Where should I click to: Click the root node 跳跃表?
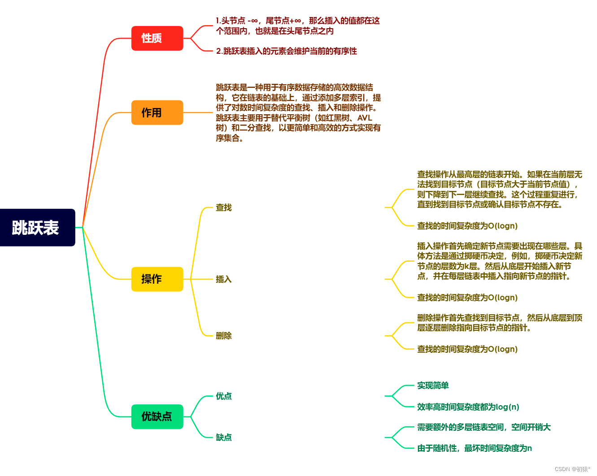click(x=36, y=228)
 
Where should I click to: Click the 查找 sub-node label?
click(x=223, y=208)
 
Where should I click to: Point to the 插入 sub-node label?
click(x=223, y=279)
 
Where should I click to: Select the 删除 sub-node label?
click(x=223, y=336)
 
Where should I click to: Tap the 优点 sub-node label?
click(x=223, y=396)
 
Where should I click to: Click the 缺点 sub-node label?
click(x=223, y=437)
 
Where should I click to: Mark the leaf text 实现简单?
click(x=433, y=385)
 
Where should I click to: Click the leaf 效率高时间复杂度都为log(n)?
click(x=468, y=407)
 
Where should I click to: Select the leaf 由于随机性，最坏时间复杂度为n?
click(x=474, y=448)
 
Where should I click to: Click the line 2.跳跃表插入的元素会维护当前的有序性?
click(x=286, y=51)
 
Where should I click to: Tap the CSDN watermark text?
click(x=572, y=469)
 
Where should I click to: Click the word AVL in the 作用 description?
click(x=365, y=118)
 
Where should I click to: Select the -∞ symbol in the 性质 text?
click(x=253, y=21)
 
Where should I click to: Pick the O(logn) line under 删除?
click(x=467, y=349)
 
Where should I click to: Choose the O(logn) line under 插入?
click(x=467, y=298)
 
